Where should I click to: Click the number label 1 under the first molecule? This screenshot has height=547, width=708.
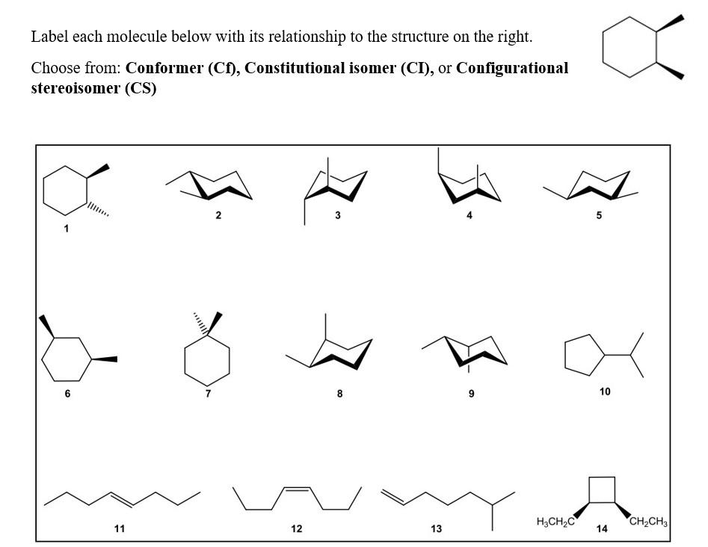click(65, 229)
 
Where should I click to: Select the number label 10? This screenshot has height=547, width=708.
click(605, 391)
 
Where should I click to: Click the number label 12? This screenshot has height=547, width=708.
click(297, 528)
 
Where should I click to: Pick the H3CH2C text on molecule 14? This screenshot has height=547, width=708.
click(555, 521)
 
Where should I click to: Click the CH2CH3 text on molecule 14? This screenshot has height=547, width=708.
click(648, 521)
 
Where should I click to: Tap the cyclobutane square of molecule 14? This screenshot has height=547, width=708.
click(602, 489)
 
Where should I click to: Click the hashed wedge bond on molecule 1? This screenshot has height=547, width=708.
click(99, 208)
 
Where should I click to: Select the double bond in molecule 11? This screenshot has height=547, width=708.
click(121, 498)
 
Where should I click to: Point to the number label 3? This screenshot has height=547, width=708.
click(338, 215)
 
